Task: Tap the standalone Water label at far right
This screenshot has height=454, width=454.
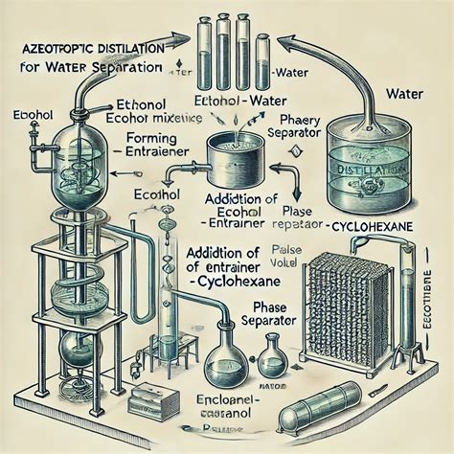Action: (x=409, y=95)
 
